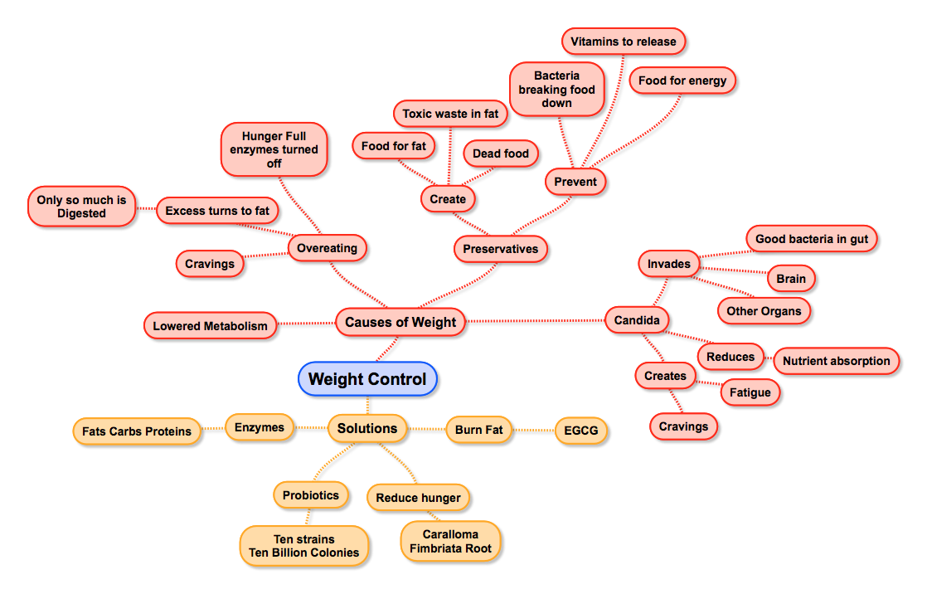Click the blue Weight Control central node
pyautogui.click(x=367, y=379)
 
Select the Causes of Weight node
pyautogui.click(x=400, y=322)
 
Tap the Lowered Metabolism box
pyautogui.click(x=210, y=326)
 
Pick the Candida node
pyautogui.click(x=636, y=319)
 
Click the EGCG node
pyautogui.click(x=581, y=431)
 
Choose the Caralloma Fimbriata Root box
pyautogui.click(x=450, y=541)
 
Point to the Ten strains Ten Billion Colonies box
pyautogui.click(x=304, y=546)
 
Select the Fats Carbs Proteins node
pyautogui.click(x=137, y=431)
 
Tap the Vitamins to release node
pyautogui.click(x=624, y=41)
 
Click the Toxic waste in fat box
pyautogui.click(x=450, y=114)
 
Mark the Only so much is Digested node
pyautogui.click(x=81, y=207)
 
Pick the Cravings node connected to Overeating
pyautogui.click(x=210, y=264)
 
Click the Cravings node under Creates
pyautogui.click(x=683, y=426)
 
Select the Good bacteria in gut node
pyautogui.click(x=812, y=240)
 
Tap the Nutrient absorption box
pyautogui.click(x=836, y=361)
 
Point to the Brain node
pyautogui.click(x=790, y=279)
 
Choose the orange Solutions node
pyautogui.click(x=367, y=428)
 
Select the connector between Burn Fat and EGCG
pyautogui.click(x=534, y=431)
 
